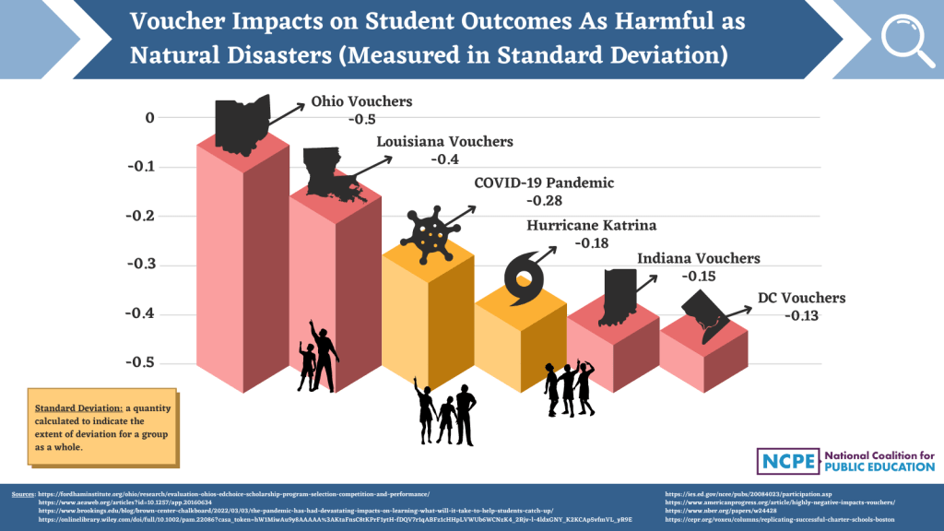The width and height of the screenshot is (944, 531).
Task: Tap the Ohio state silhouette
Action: (243, 123)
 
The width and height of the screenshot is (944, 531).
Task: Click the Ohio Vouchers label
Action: (361, 102)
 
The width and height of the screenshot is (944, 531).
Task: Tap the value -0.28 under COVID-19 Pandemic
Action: (544, 200)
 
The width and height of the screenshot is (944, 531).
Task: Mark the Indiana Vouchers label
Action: (699, 259)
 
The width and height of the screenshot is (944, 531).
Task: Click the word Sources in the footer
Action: (23, 495)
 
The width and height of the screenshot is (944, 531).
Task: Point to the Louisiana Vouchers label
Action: (445, 142)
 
